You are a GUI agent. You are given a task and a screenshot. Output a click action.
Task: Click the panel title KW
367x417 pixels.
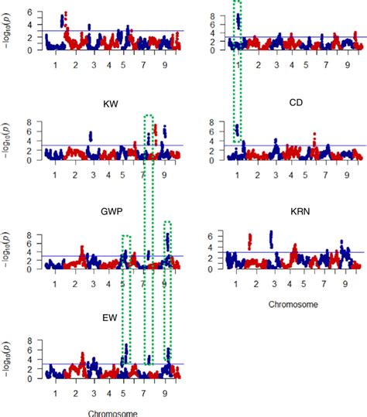[x=111, y=103]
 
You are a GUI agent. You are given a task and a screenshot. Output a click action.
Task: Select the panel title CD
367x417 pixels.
[x=295, y=103]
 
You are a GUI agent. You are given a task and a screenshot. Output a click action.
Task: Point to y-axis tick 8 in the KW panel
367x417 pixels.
[x=29, y=122]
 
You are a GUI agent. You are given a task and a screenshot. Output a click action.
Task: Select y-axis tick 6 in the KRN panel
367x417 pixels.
[x=213, y=235]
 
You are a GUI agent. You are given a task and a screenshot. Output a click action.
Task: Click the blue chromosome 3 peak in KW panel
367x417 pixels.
[x=91, y=136]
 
